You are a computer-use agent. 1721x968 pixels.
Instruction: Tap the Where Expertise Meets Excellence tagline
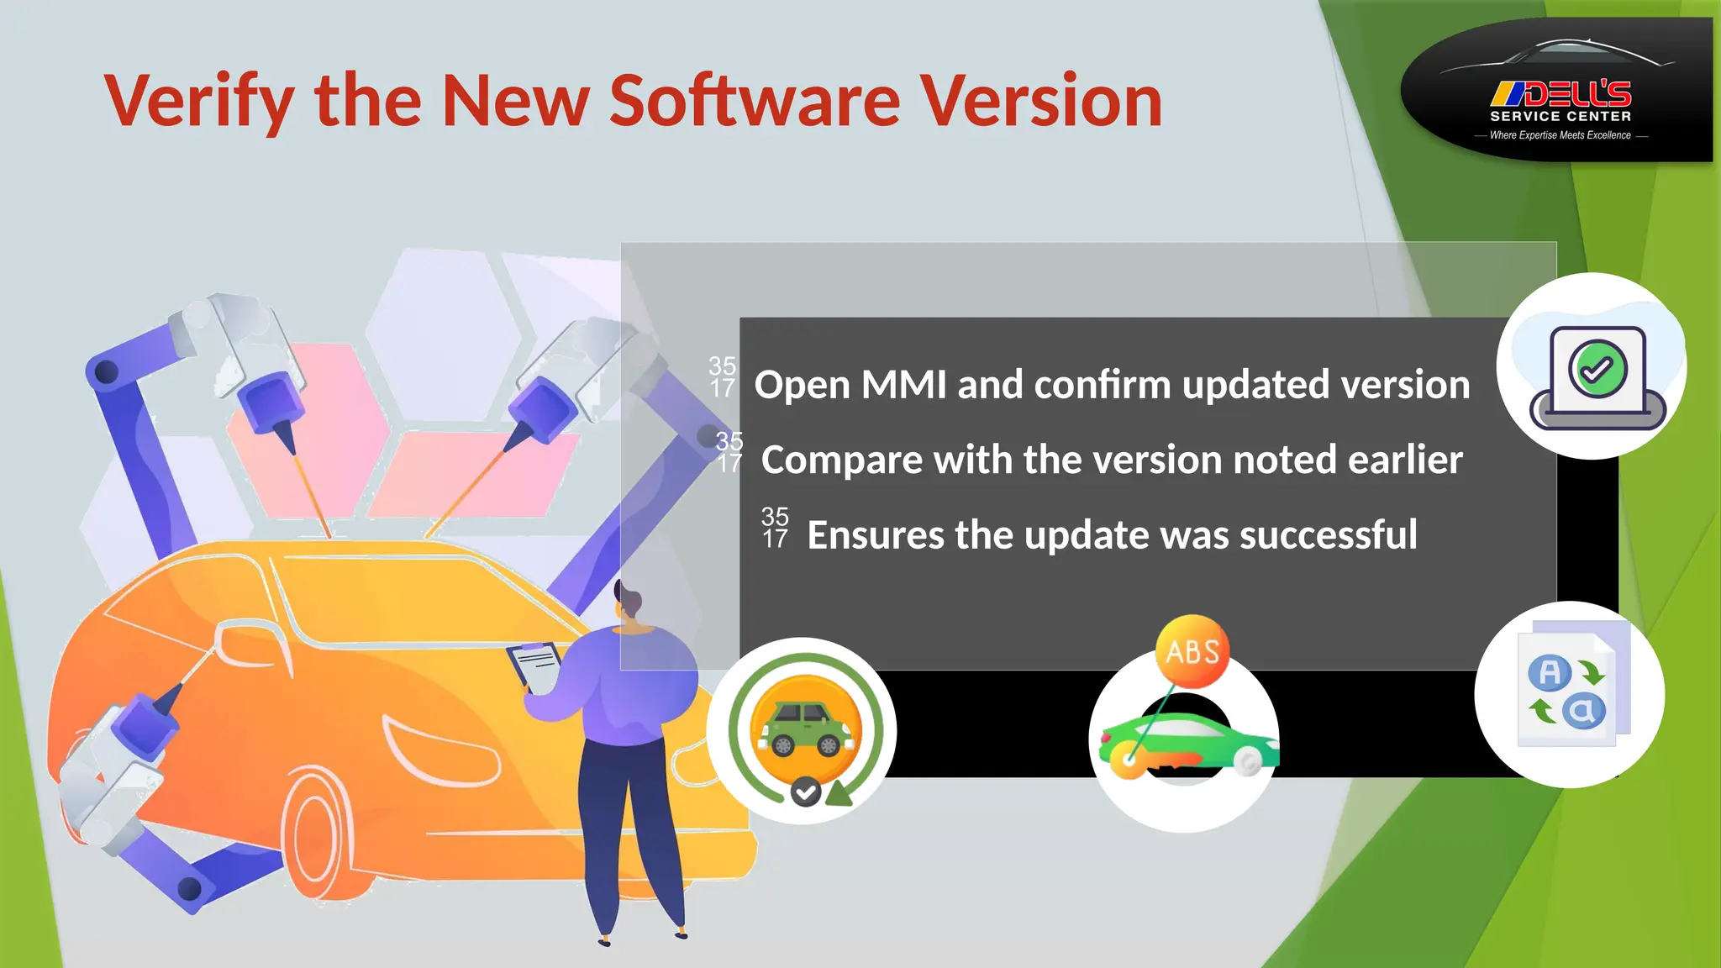(x=1560, y=135)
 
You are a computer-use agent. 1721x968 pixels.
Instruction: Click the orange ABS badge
(x=1192, y=652)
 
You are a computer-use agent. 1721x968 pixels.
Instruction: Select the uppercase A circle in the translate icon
(x=1550, y=672)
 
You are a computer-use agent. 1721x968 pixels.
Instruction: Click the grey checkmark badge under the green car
(x=806, y=791)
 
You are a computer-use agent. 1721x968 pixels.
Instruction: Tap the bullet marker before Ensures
(x=775, y=528)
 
